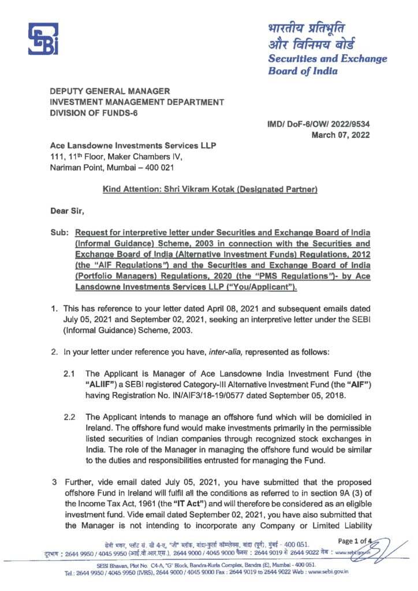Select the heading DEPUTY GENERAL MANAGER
coord(110,91)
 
